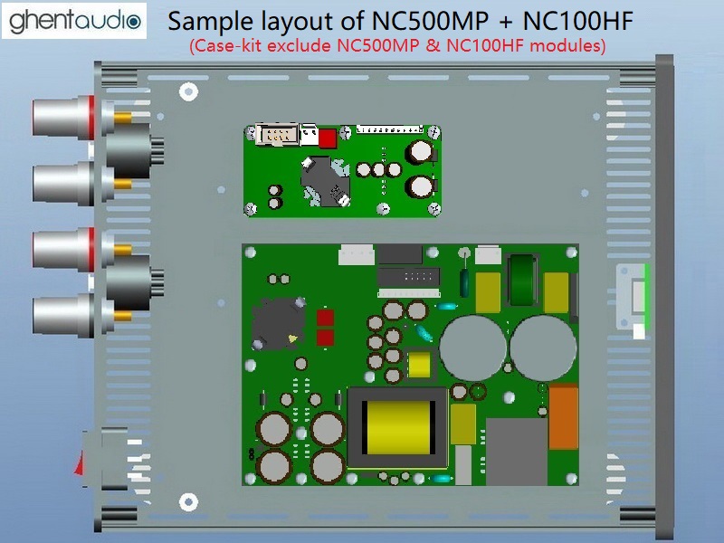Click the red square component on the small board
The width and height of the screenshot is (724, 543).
point(328,138)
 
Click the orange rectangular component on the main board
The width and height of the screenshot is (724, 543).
point(564,416)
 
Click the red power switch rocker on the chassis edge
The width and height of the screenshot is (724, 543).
point(80,463)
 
